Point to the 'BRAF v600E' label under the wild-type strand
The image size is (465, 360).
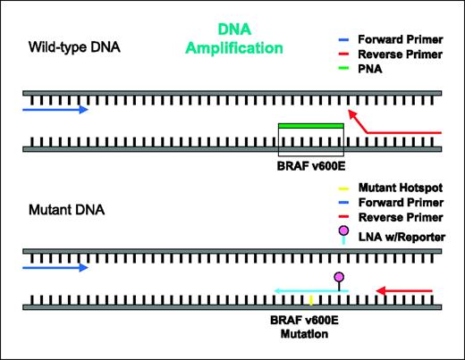pos(310,163)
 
